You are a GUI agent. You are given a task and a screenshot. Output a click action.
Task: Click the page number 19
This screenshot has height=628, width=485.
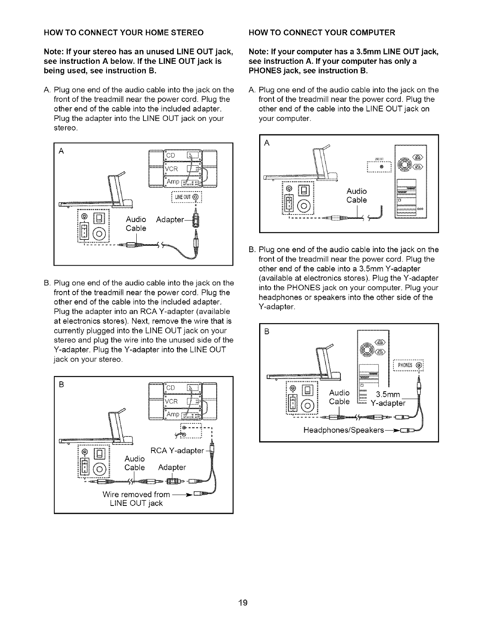coord(242,603)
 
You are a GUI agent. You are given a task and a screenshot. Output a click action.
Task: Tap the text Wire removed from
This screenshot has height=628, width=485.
coord(136,494)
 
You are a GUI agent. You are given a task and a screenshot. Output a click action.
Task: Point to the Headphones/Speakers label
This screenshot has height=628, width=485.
coord(344,430)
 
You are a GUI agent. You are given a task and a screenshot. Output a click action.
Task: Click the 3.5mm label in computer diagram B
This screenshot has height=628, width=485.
coord(389,394)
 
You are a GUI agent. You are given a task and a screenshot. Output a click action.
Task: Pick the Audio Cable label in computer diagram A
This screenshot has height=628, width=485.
coord(357,196)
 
